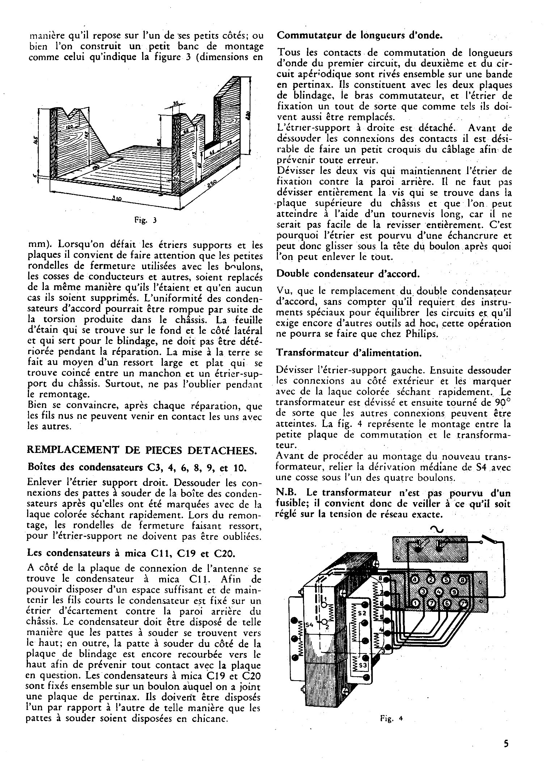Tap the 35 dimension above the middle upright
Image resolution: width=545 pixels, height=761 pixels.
[176, 104]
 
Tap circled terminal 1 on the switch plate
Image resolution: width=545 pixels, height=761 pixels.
[416, 604]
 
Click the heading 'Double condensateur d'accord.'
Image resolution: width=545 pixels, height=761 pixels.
[348, 273]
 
